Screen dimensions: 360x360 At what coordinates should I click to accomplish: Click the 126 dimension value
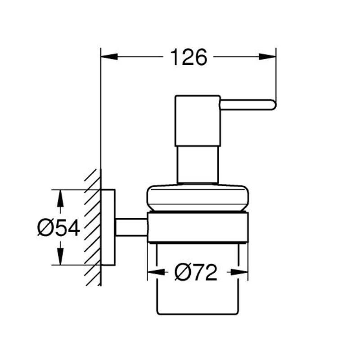pos(189,57)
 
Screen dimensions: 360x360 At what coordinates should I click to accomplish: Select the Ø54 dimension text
pos(58,228)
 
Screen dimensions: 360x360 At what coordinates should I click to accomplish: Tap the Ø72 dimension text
pos(196,272)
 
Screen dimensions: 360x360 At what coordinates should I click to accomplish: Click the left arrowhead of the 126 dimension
pos(109,57)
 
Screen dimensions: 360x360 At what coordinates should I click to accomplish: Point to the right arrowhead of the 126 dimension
pos(267,57)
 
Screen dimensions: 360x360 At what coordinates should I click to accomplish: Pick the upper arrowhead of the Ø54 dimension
pos(60,198)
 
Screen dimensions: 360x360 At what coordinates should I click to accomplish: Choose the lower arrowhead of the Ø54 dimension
pos(60,256)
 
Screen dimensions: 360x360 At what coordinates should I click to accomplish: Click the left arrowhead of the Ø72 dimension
pos(156,272)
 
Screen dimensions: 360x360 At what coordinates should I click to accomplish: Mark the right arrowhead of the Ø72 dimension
pos(239,272)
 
